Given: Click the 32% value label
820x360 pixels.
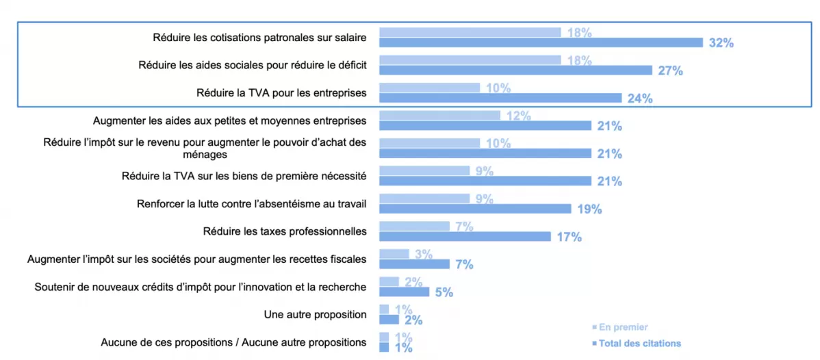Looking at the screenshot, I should [721, 43].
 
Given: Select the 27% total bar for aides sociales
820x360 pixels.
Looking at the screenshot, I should [515, 70].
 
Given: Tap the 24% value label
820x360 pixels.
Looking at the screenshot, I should [640, 99].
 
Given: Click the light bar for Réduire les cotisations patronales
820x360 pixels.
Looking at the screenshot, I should [470, 32].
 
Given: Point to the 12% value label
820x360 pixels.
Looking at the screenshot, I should [519, 116].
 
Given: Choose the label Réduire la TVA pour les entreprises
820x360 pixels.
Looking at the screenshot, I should [281, 92].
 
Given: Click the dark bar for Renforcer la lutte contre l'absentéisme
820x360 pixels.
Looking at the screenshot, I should [475, 209].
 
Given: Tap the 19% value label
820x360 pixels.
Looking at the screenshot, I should [589, 209].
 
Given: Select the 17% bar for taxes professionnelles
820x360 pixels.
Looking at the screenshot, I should [465, 236].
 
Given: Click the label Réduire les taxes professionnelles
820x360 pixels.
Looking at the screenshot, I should [285, 231].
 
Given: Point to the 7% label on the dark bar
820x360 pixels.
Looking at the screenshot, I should [464, 265].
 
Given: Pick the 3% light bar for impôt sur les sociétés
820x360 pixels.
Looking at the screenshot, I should [394, 254].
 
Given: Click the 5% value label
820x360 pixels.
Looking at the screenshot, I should [444, 292].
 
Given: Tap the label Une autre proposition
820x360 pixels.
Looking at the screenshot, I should [315, 314].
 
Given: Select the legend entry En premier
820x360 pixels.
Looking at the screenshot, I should [623, 327].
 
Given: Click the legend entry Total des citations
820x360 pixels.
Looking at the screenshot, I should [639, 343].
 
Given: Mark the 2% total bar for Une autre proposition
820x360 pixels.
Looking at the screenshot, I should [389, 320].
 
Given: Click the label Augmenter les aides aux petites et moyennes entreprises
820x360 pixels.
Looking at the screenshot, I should [229, 120].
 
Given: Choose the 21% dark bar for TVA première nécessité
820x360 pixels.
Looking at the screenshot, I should [485, 181].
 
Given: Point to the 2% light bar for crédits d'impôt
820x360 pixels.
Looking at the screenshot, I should [389, 281].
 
